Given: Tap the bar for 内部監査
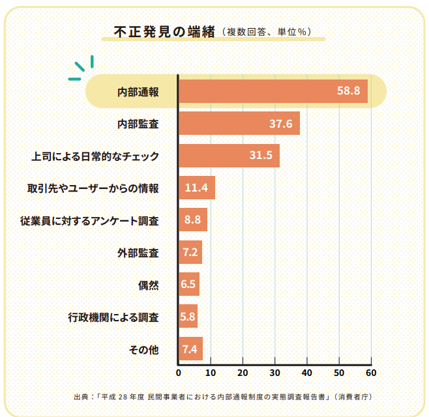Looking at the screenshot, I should point(239,123).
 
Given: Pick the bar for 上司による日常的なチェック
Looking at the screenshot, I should point(228,156).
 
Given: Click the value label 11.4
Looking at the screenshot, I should point(196,188).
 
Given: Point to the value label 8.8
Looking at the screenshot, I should point(192,220).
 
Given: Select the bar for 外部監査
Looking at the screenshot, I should point(190,252).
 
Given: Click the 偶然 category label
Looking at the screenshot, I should point(149,285).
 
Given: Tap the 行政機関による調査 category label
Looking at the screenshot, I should point(113,317).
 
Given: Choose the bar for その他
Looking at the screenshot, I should point(190,349).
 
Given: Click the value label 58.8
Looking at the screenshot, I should point(348,91).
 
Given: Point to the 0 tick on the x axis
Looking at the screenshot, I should point(179,373).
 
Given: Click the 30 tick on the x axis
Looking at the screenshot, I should point(274,373).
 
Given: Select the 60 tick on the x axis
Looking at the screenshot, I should point(371,373).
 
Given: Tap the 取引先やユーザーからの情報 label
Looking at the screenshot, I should point(93,188).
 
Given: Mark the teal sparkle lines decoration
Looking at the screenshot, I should point(83,67).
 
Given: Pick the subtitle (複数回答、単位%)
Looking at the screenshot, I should point(266,32).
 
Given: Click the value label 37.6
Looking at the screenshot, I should point(280,124).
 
